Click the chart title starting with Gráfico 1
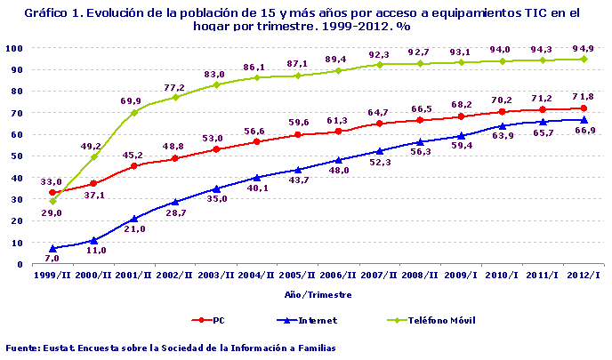point(305,20)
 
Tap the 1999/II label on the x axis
point(52,276)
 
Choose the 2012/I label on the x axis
point(584,276)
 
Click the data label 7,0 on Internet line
point(52,258)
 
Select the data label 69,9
point(132,100)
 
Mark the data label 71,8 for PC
point(584,95)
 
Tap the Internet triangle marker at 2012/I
point(584,119)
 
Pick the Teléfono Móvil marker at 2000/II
point(93,156)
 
